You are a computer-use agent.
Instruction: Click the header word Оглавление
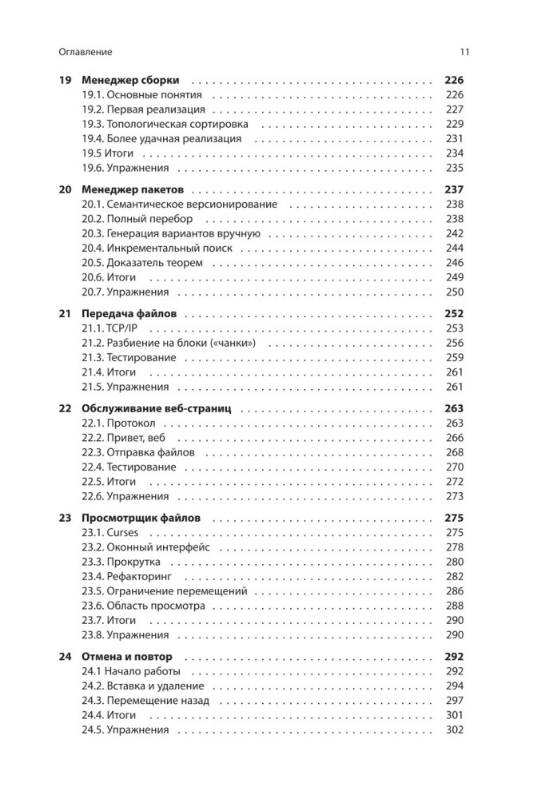(86, 52)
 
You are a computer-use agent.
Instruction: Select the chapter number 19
(66, 80)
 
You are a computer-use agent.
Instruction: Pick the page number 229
(454, 124)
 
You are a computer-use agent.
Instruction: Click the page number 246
(454, 263)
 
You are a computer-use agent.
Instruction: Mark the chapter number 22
(66, 409)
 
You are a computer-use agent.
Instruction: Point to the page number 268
(454, 452)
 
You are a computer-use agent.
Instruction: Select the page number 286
(454, 591)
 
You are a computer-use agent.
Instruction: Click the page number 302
(454, 729)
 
